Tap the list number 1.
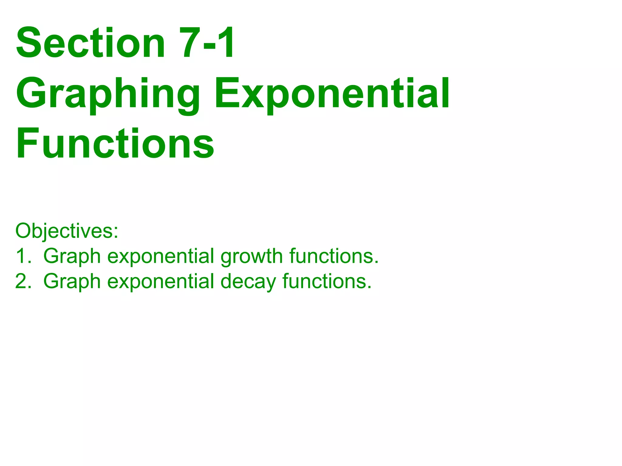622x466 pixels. (23, 256)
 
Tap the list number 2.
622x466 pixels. (23, 282)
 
